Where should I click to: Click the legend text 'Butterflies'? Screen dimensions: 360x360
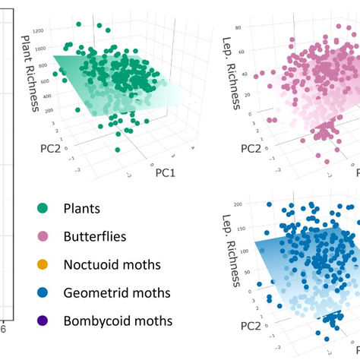pyautogui.click(x=94, y=236)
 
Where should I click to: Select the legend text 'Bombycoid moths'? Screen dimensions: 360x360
pyautogui.click(x=118, y=320)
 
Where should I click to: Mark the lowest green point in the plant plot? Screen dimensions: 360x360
pyautogui.click(x=118, y=150)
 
